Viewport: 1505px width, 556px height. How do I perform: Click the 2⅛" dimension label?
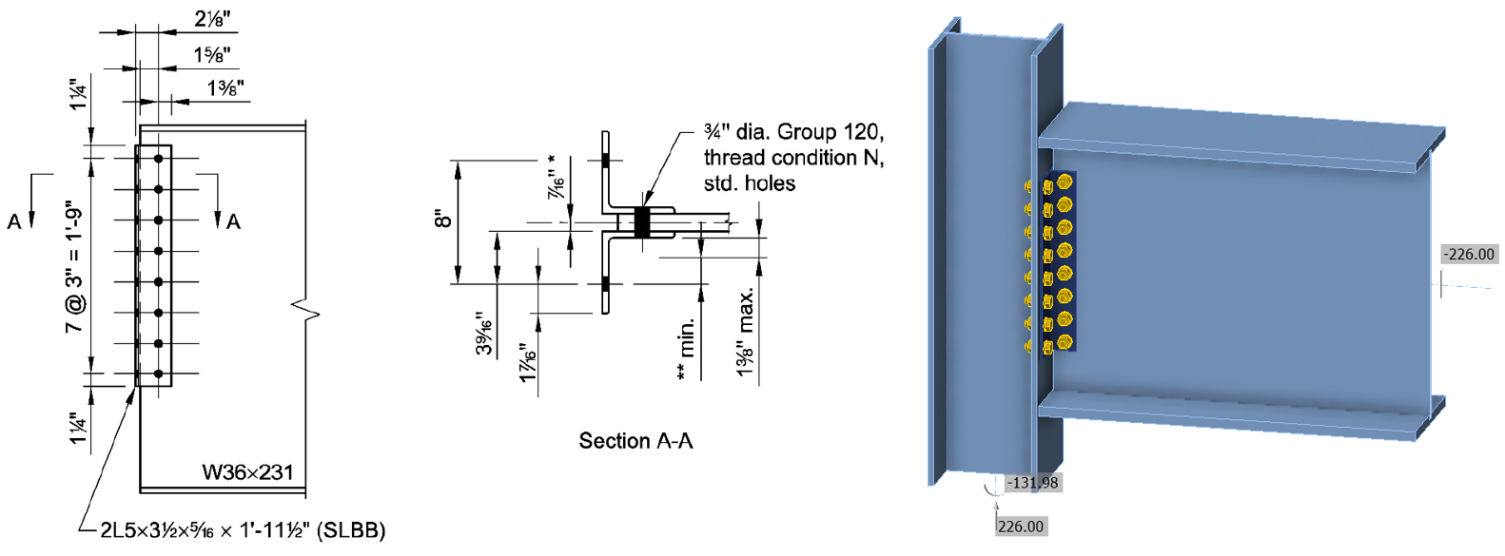pos(212,18)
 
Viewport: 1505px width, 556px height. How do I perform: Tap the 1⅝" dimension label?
pos(211,55)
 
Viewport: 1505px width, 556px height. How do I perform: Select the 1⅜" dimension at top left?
pos(225,88)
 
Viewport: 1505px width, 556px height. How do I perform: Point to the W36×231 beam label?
pos(247,472)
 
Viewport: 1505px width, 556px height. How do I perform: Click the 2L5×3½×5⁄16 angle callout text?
pos(243,530)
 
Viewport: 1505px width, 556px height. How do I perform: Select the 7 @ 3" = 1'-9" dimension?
pos(75,266)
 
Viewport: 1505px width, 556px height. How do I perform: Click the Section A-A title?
pos(635,441)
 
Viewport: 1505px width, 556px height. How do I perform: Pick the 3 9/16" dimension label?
pos(485,334)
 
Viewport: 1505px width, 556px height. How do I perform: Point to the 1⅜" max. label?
pos(746,333)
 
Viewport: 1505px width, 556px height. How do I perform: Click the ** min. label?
pos(685,350)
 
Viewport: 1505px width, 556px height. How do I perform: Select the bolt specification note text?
pos(793,157)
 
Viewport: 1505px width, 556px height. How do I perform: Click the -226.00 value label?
pos(1469,254)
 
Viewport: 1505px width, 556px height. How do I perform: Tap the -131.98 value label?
pos(1032,483)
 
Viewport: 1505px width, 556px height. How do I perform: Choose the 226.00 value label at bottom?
pos(1021,527)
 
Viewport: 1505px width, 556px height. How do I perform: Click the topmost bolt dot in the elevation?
pos(159,159)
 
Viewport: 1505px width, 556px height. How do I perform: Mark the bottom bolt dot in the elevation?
pos(159,374)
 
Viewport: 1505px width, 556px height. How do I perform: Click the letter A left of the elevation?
pos(14,222)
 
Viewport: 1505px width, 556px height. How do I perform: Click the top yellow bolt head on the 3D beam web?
pos(1064,181)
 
